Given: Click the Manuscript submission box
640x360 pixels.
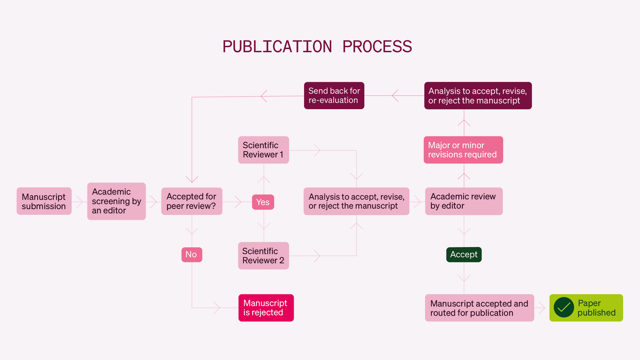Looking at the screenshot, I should tap(44, 201).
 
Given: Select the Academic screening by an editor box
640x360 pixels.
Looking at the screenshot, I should tap(116, 201).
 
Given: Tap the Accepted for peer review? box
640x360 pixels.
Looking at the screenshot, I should tap(192, 201).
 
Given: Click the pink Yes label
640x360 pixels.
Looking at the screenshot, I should tap(263, 202).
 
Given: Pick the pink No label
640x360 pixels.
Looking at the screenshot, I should tap(192, 254).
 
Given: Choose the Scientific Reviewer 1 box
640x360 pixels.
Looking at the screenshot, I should tap(263, 150).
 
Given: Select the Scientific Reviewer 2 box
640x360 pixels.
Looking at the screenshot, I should tap(263, 256).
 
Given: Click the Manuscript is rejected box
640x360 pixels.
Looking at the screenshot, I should tap(266, 308).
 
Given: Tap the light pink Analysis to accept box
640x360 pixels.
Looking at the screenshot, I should tap(356, 201).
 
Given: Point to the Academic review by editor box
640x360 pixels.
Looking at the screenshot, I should tap(464, 201).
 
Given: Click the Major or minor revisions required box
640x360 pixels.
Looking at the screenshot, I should tap(463, 150).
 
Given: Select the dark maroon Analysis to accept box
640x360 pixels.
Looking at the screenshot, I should tap(478, 96).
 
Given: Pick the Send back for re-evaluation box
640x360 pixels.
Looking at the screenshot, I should tap(334, 96).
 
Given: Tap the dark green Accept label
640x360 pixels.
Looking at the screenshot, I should tap(464, 254).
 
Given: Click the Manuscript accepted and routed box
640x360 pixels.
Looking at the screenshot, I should tap(479, 308).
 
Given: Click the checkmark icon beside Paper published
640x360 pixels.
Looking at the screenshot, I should tap(564, 308).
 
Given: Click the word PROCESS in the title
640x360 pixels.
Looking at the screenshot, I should tap(377, 47).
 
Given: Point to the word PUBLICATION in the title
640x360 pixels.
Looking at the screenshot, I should tap(277, 47).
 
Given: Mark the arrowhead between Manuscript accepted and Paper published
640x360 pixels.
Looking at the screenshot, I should tap(542, 308).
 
